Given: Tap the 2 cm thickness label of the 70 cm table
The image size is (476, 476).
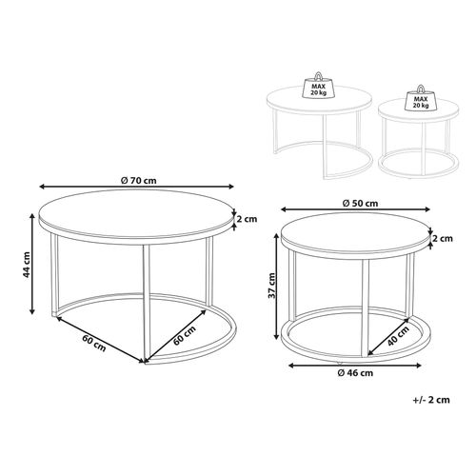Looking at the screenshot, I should pos(249,218).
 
